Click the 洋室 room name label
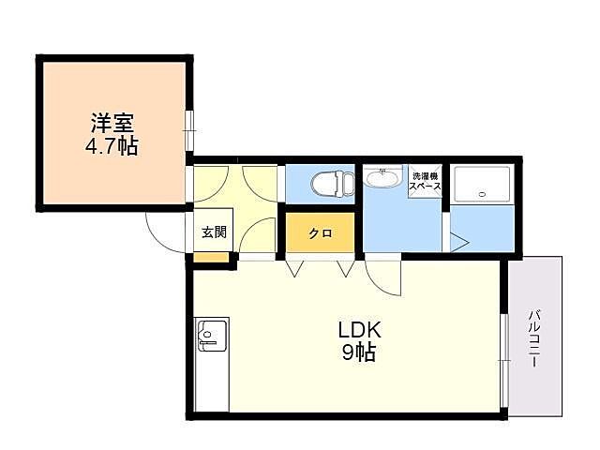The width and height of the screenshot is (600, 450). tap(112, 123)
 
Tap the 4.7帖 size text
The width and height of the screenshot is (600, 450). tap(112, 146)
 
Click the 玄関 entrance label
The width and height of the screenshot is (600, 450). tap(213, 232)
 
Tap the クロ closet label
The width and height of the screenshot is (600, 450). tap(320, 233)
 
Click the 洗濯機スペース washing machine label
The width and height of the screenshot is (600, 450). tap(424, 181)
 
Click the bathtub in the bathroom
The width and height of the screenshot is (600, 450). tap(482, 186)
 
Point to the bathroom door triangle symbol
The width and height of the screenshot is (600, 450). tap(458, 241)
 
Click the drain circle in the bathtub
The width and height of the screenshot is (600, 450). tap(482, 194)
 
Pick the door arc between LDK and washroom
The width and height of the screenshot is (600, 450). tap(382, 278)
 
